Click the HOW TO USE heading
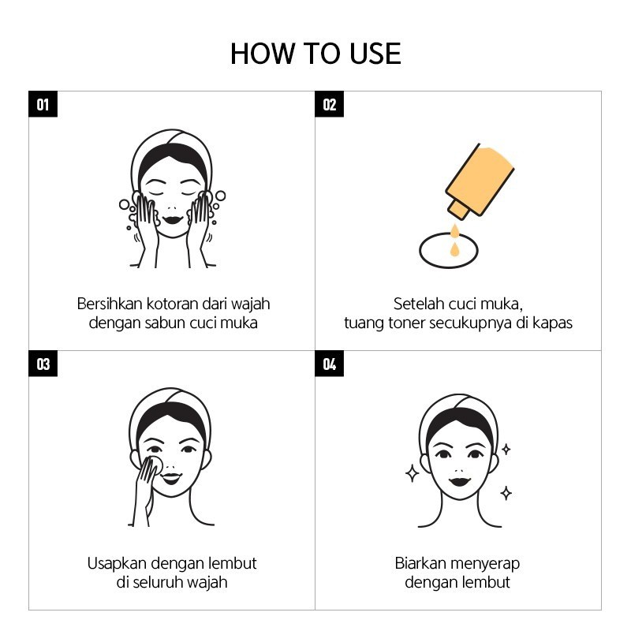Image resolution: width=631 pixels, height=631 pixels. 315,54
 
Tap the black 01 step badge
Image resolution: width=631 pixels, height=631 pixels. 43,104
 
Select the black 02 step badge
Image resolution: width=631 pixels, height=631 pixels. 329,104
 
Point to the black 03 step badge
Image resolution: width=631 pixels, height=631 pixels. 43,364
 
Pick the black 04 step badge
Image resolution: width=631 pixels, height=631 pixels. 329,364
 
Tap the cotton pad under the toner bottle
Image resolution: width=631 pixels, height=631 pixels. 448,250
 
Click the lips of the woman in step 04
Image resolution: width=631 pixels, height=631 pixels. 460,481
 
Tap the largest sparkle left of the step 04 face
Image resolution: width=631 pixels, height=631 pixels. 412,473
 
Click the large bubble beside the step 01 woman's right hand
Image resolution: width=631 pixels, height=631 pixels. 220,196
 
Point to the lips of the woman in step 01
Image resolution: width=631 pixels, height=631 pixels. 173,221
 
